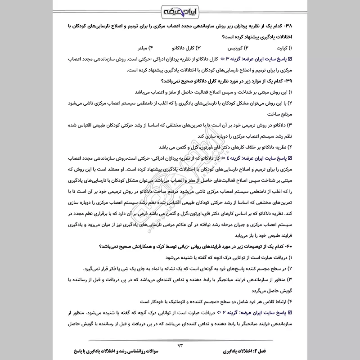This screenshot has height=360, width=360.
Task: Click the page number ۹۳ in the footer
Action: pos(180,345)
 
